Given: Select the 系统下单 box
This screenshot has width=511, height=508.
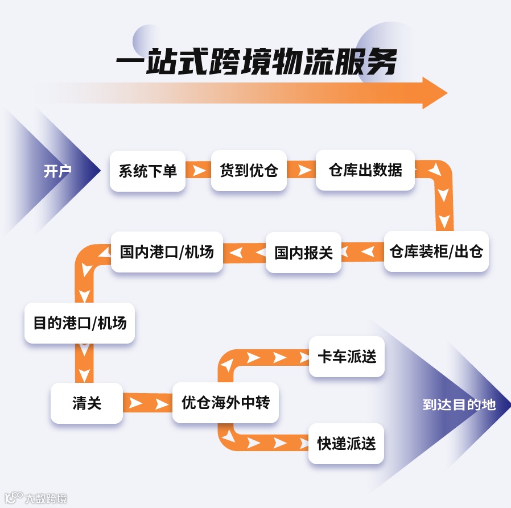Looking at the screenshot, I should [x=148, y=171].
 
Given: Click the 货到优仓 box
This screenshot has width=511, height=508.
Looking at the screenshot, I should [x=249, y=170].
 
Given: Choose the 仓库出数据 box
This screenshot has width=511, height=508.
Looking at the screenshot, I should [x=365, y=170].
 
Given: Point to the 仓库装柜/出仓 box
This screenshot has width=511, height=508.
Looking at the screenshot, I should [x=436, y=251].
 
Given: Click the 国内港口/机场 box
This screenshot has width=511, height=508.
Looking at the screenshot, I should [x=167, y=251].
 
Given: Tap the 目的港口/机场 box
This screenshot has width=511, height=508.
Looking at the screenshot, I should [x=80, y=323].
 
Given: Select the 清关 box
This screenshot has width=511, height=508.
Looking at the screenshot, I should [x=86, y=403].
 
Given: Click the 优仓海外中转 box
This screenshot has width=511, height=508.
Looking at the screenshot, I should [x=225, y=403].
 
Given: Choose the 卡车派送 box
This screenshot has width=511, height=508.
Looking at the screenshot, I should [x=347, y=357].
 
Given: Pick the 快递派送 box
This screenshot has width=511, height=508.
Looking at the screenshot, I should [x=347, y=443].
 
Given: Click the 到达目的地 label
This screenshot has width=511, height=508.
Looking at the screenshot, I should [x=459, y=404].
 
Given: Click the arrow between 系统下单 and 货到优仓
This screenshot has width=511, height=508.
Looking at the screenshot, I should [x=199, y=171].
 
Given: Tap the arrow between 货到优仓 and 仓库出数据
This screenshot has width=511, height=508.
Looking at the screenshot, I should [x=301, y=170].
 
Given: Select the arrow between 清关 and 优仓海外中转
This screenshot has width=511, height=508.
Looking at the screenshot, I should [x=147, y=403].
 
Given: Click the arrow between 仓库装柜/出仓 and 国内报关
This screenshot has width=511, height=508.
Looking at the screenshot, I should [x=362, y=251].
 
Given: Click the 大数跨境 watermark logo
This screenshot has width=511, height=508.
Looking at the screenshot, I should [x=34, y=498].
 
